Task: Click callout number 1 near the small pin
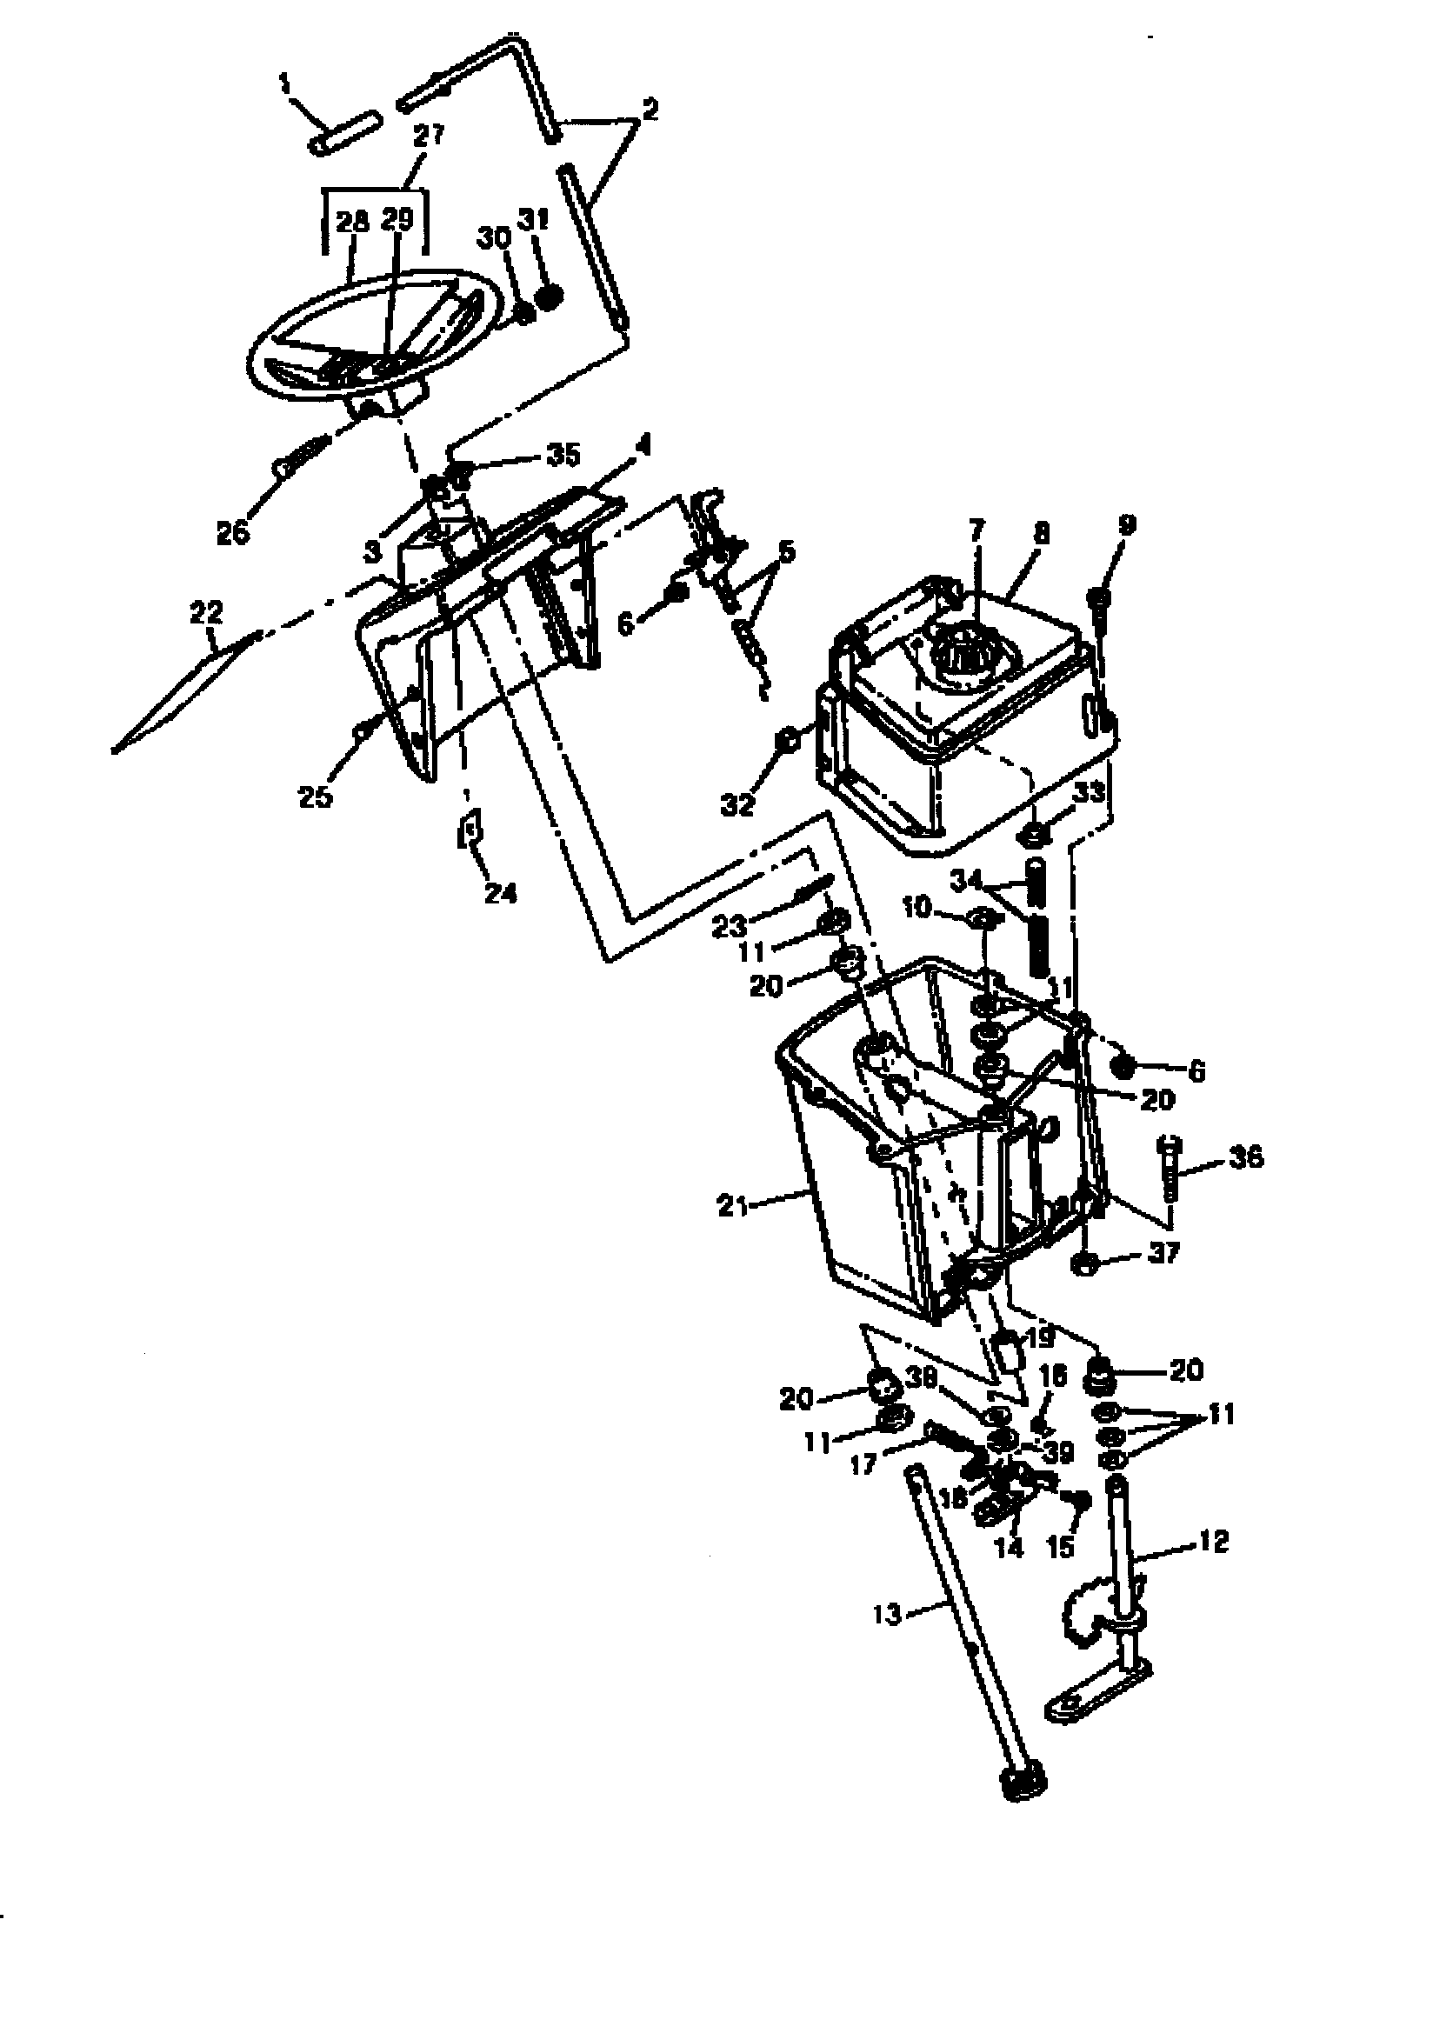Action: (x=285, y=84)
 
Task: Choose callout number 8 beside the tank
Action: (x=1042, y=533)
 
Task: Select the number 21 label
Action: (x=731, y=1205)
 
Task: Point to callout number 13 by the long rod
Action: (x=887, y=1614)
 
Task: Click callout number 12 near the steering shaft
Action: (x=1214, y=1542)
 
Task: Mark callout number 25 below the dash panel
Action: (x=315, y=796)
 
